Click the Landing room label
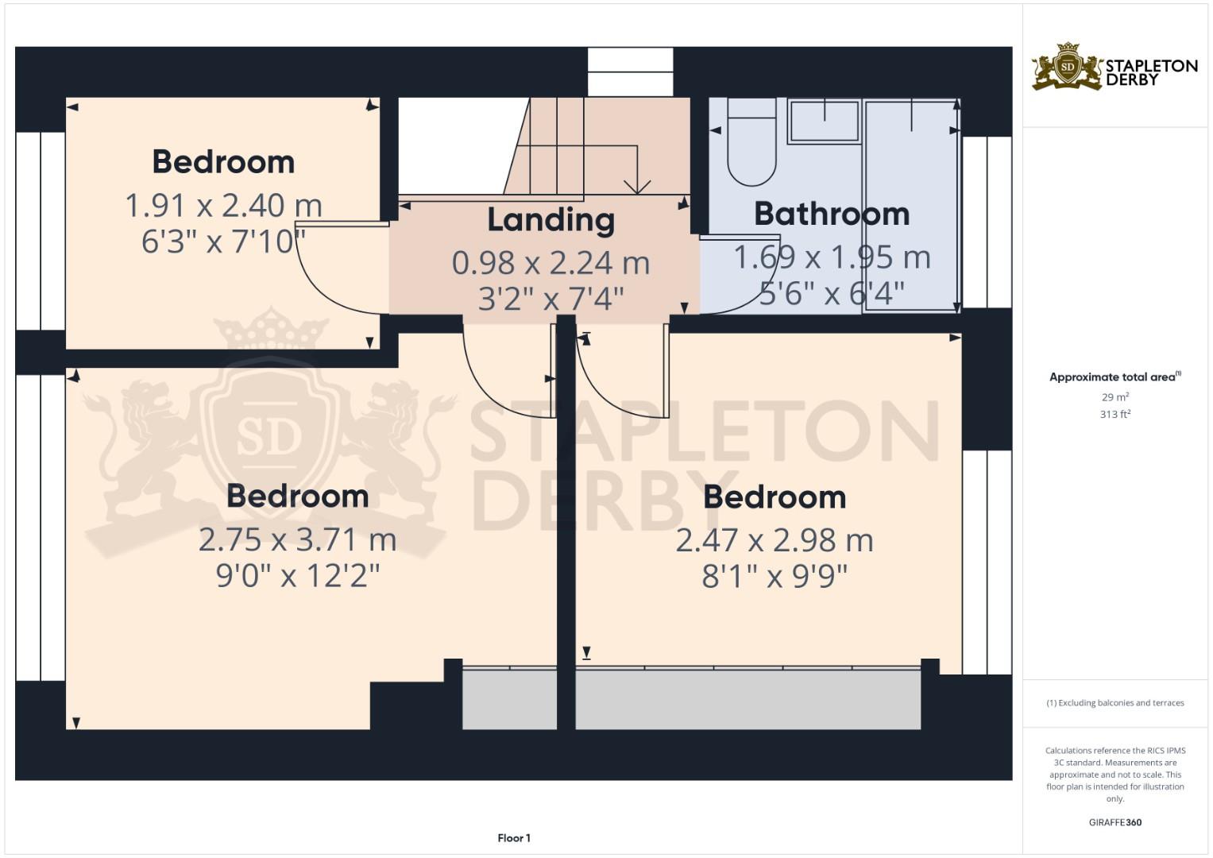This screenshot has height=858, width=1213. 550,220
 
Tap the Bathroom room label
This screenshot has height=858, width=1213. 831,214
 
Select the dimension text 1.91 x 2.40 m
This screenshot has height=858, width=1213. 223,206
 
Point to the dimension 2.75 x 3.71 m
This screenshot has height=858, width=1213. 297,539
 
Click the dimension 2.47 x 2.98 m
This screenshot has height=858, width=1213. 774,540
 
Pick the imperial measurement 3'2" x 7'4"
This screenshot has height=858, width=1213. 550,299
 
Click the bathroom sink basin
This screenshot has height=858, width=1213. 824,122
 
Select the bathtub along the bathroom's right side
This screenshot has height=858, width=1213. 910,205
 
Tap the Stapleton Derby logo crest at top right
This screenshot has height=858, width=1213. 1068,67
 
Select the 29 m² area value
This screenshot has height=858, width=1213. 1115,396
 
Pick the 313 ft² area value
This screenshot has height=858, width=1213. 1115,414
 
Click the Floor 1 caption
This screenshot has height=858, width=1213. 514,838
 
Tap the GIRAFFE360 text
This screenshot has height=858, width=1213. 1114,822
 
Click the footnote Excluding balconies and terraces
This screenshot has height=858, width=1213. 1114,703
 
